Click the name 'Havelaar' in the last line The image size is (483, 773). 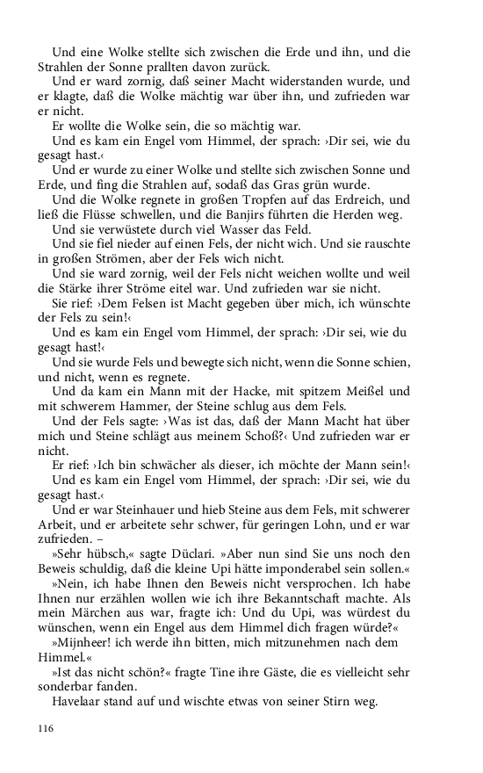point(80,701)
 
